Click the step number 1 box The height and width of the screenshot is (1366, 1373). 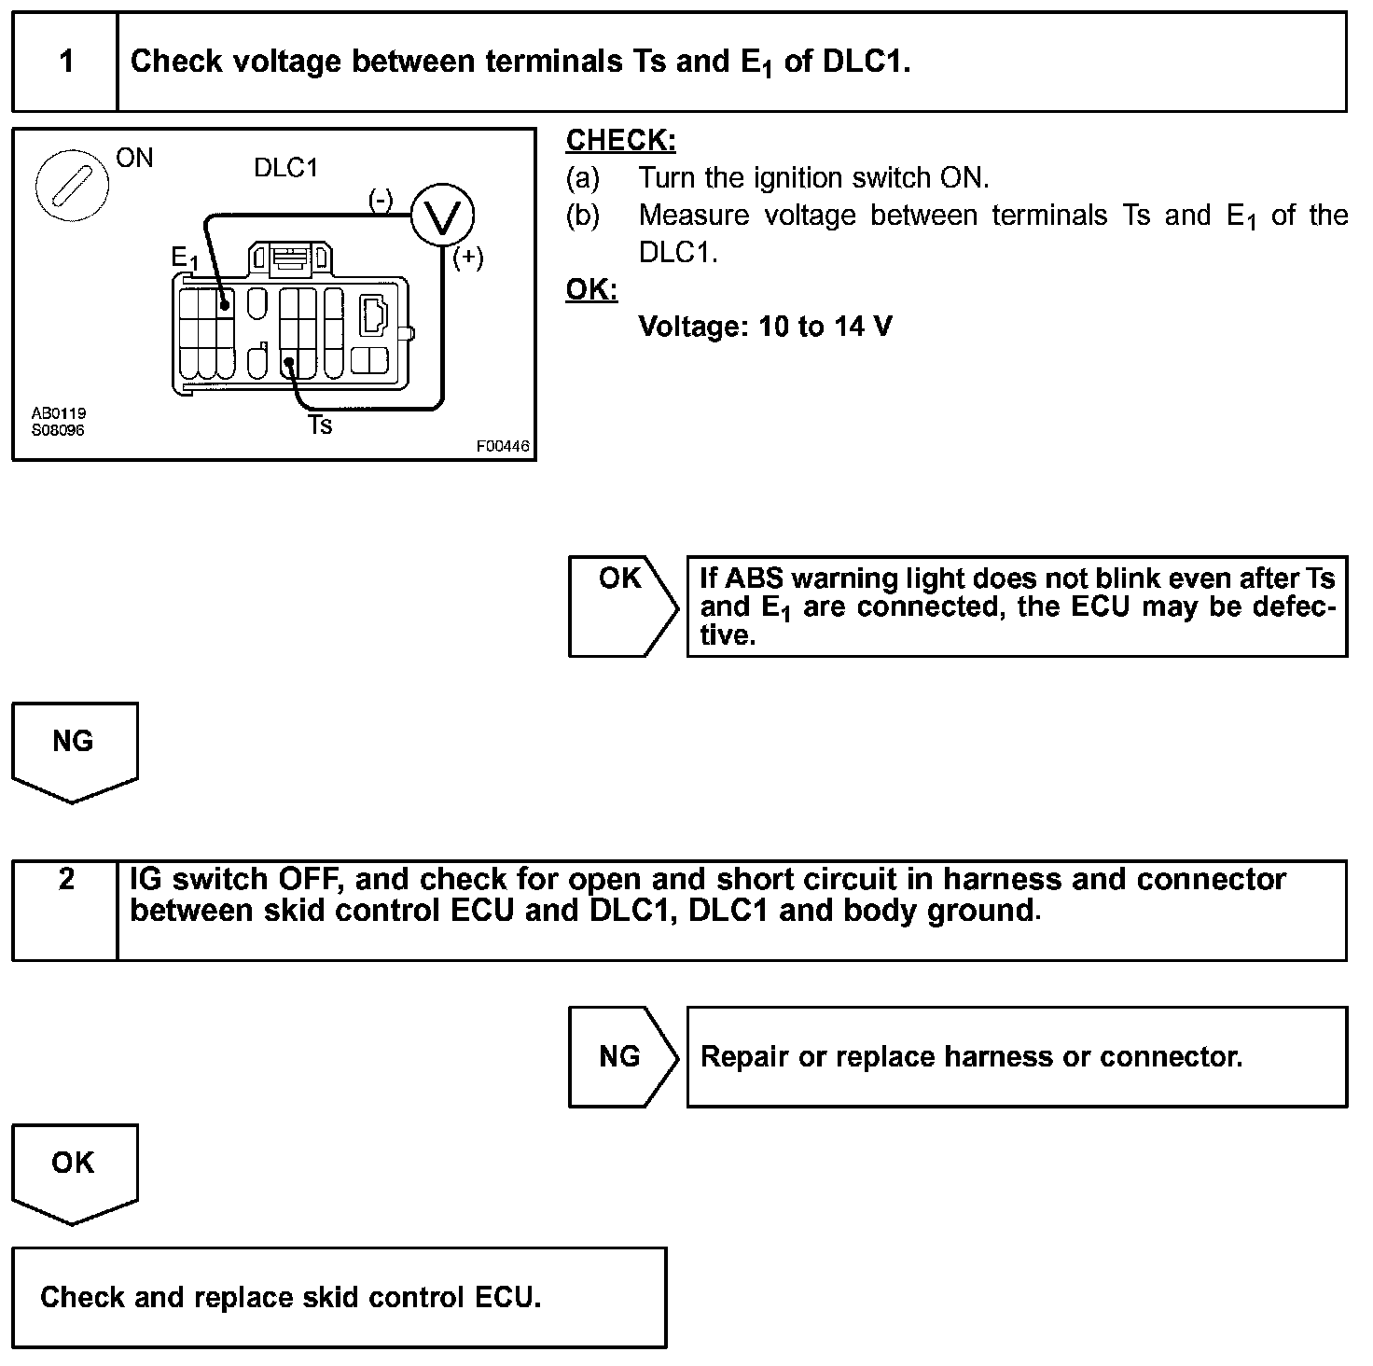[x=65, y=62]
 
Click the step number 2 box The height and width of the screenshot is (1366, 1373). [x=65, y=910]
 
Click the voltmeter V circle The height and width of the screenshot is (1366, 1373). [x=443, y=216]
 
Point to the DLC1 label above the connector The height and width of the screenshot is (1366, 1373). [x=286, y=168]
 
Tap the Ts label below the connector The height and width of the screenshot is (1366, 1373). [x=320, y=425]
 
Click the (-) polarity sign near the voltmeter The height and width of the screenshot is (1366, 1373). [x=381, y=200]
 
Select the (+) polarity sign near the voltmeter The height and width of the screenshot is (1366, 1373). [x=467, y=258]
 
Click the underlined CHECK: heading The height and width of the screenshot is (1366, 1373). [x=620, y=140]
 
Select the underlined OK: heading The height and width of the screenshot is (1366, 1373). [x=591, y=289]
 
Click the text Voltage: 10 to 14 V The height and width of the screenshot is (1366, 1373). [x=765, y=327]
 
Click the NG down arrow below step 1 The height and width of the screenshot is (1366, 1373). [x=74, y=750]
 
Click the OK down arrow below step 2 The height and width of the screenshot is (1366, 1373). [x=74, y=1172]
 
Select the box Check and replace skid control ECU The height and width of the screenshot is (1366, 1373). [x=340, y=1297]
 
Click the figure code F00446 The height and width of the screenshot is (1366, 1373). [x=503, y=446]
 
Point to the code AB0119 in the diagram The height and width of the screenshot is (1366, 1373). [x=59, y=413]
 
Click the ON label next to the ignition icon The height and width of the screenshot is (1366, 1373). [x=134, y=159]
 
